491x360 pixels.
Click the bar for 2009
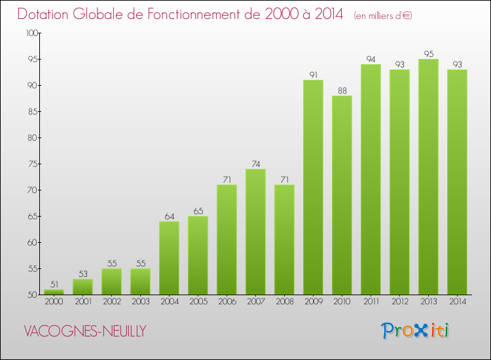313,187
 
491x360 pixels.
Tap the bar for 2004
169,258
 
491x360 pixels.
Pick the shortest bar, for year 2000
54,292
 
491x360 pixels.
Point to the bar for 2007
255,232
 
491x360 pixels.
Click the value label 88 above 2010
342,90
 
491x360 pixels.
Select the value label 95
428,54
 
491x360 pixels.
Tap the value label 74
255,164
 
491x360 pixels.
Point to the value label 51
54,284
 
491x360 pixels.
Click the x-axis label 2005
198,302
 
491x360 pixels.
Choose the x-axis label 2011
371,302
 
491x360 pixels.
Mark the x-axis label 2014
457,302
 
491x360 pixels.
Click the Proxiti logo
415,330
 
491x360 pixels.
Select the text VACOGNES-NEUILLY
84,331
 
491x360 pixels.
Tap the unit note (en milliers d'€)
383,15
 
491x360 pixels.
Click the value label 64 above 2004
169,216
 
